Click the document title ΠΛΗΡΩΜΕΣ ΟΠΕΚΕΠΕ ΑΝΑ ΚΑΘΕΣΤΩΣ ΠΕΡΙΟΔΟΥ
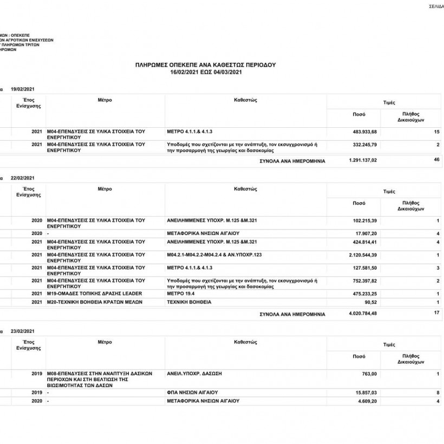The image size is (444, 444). point(205,64)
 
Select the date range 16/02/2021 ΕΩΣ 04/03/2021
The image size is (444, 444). point(205,71)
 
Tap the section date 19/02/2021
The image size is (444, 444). point(23,88)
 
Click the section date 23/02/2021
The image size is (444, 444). point(23,331)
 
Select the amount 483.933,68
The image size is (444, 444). point(364,132)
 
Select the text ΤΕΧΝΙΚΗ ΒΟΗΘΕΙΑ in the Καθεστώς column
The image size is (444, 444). point(190,302)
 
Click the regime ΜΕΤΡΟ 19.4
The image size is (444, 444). point(181,293)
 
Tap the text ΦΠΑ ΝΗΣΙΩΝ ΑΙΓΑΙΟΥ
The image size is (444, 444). point(193,391)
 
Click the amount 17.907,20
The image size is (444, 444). point(365,233)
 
